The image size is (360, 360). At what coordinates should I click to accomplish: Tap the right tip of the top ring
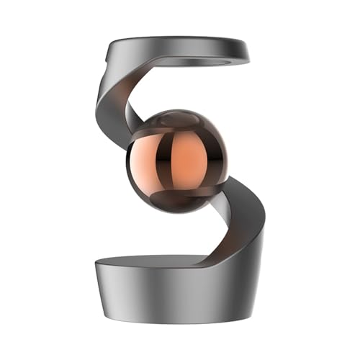pyautogui.click(x=247, y=52)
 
